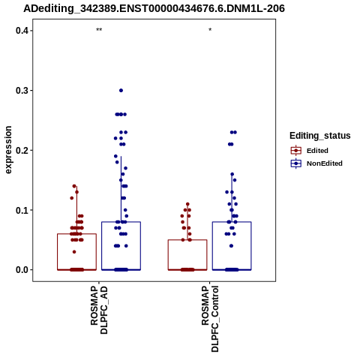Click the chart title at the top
(154, 8)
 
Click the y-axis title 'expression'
(8, 150)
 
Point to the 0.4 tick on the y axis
(22, 31)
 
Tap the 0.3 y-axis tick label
(22, 91)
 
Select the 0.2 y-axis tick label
(22, 150)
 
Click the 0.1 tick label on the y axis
(22, 210)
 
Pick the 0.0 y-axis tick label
(22, 270)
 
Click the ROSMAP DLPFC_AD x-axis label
(99, 310)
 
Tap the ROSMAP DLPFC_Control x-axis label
(210, 319)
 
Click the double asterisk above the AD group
(99, 30)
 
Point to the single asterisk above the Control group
(210, 30)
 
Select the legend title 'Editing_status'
(320, 136)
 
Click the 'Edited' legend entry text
(317, 151)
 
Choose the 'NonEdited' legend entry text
(325, 163)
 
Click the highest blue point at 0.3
(121, 91)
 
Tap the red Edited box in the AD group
(77, 234)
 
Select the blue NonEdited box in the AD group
(121, 222)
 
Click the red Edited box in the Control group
(187, 240)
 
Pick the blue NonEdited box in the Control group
(232, 222)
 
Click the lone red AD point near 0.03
(74, 252)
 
